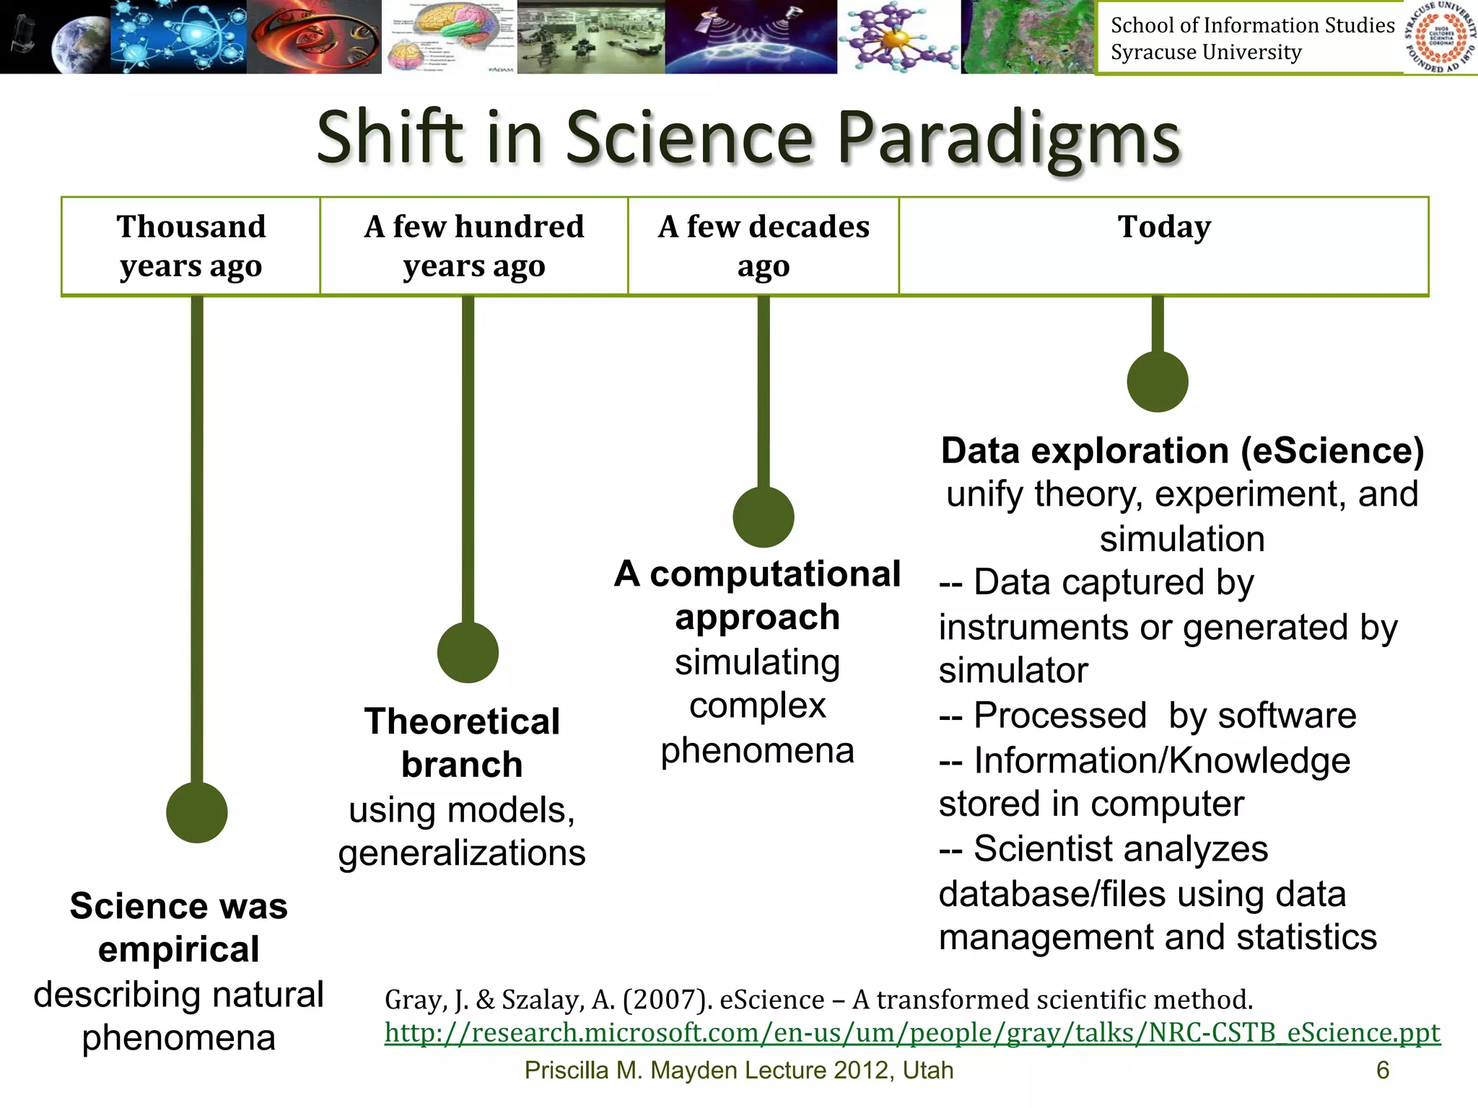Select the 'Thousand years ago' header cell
(x=191, y=246)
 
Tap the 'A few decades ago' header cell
(x=763, y=246)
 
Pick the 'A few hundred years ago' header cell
(x=473, y=246)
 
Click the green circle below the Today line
(x=1157, y=382)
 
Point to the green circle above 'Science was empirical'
(x=196, y=812)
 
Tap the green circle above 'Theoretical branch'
(x=468, y=652)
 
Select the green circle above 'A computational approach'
(x=763, y=516)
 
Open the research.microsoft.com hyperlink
(x=911, y=1032)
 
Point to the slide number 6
(x=1382, y=1070)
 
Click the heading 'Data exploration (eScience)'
(x=1181, y=451)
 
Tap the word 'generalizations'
(x=461, y=853)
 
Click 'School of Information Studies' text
(x=1252, y=25)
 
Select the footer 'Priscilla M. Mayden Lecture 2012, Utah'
(x=738, y=1070)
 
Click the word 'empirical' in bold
(x=178, y=949)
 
